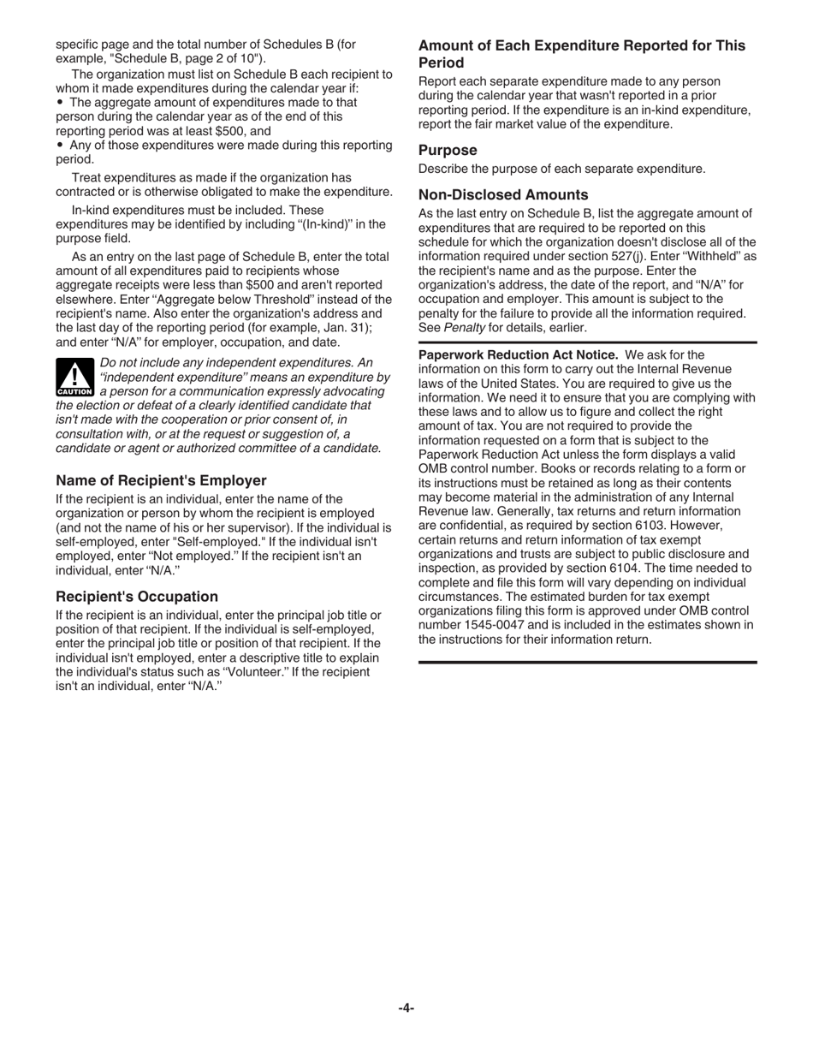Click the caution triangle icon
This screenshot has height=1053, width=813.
[x=74, y=377]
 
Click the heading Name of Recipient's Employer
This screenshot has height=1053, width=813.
[x=161, y=480]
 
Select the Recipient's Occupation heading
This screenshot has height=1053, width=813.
[x=137, y=596]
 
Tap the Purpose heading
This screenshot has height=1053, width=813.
[x=448, y=150]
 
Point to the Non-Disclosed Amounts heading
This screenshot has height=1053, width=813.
[x=503, y=194]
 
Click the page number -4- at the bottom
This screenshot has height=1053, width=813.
[x=406, y=1008]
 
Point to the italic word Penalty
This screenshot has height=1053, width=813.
[x=464, y=328]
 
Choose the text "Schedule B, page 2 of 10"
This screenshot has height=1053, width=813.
[x=187, y=58]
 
